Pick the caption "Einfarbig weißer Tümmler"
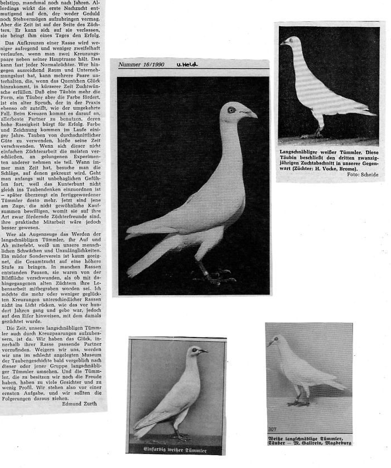point(176,448)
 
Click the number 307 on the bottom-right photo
point(272,428)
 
